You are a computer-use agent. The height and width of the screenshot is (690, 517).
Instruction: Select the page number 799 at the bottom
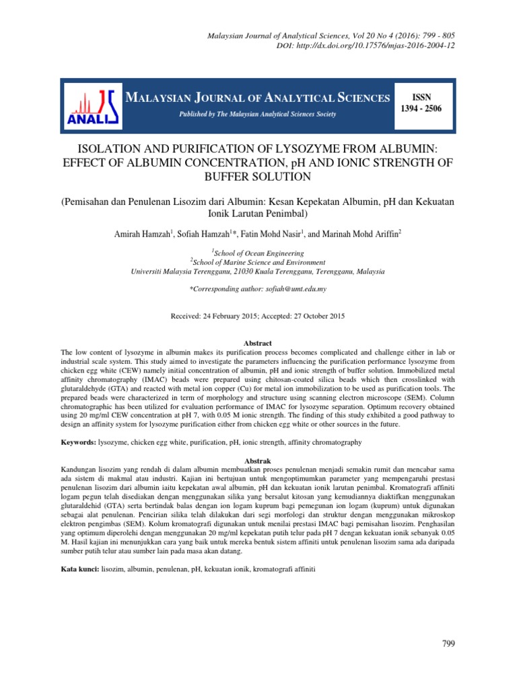[448, 644]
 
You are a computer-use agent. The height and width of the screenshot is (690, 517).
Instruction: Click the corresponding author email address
[292, 288]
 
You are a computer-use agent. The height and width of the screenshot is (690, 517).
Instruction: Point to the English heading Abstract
[258, 342]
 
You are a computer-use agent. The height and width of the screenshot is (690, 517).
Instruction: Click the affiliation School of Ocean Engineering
[259, 253]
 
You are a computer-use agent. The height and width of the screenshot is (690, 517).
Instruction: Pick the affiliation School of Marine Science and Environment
[259, 263]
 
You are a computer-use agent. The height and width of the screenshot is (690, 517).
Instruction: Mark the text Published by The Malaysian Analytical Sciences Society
[256, 115]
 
